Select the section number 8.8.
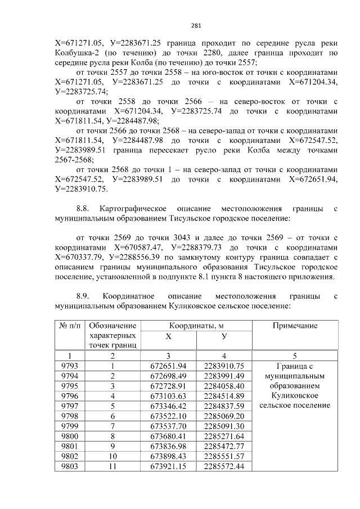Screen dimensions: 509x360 (x=83, y=209)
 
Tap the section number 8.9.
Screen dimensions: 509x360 (x=83, y=296)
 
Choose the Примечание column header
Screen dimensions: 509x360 (x=295, y=326)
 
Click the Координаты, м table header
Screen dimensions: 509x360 (x=196, y=326)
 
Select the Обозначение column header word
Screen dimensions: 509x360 (x=113, y=326)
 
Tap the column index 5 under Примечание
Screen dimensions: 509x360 (x=295, y=355)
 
